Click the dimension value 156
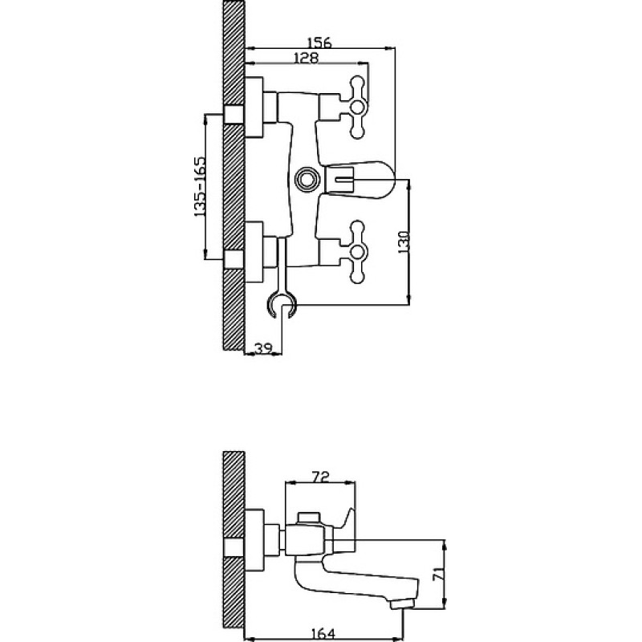click(319, 43)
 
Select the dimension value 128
click(306, 58)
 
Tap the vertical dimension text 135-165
click(199, 186)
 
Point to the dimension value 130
click(404, 242)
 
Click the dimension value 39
click(263, 348)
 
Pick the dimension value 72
click(320, 477)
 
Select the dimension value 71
click(437, 575)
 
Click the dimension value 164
click(323, 634)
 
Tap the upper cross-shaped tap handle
click(357, 107)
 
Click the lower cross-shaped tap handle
click(357, 252)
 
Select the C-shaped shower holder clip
click(282, 305)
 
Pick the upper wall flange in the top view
click(254, 107)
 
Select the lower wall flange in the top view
click(254, 252)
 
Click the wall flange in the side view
click(254, 540)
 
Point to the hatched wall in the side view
click(234, 546)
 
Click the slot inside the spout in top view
click(345, 179)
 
